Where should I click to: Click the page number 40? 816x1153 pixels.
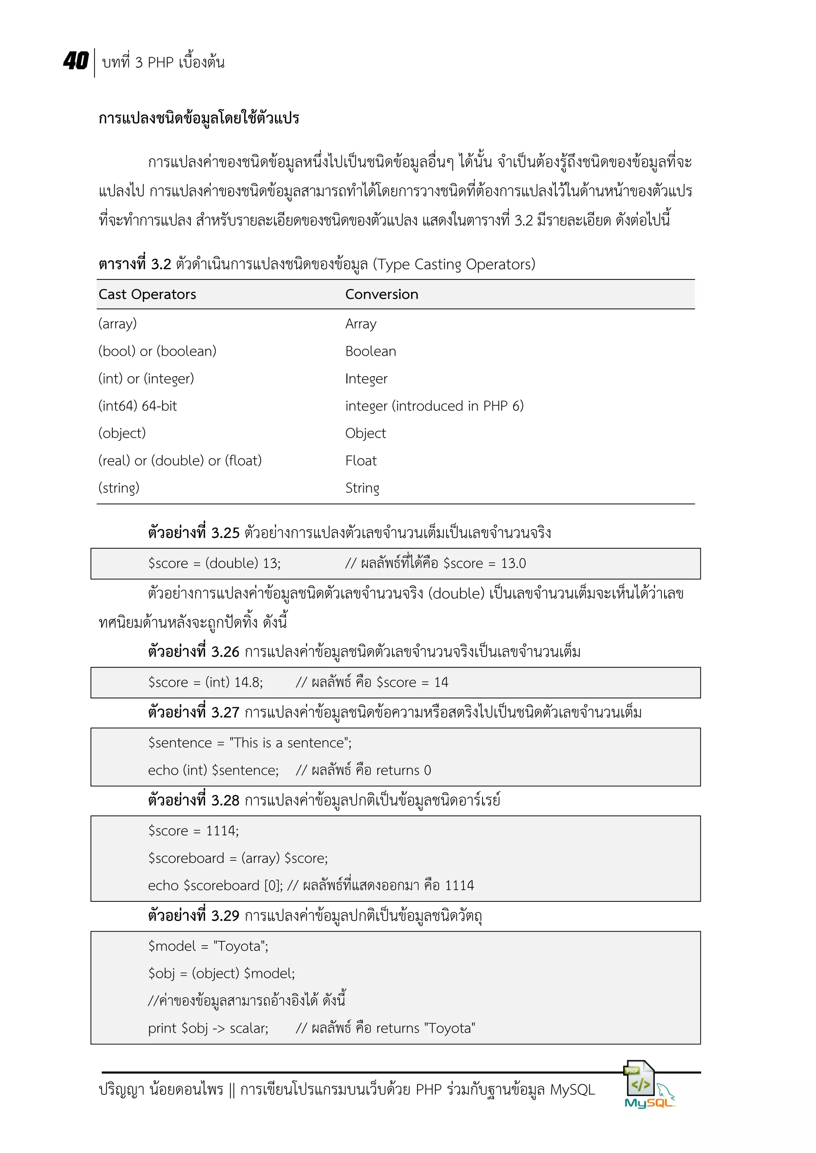(x=76, y=61)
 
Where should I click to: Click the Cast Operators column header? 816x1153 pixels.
(x=147, y=294)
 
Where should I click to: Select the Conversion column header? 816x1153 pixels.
(x=381, y=294)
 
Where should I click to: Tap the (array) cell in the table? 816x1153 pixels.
(x=118, y=324)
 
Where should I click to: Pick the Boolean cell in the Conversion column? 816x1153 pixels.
(x=370, y=352)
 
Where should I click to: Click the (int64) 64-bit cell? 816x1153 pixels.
(x=138, y=406)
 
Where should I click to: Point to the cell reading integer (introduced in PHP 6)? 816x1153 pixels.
(x=434, y=406)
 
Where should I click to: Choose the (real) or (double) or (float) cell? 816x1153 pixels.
(x=180, y=461)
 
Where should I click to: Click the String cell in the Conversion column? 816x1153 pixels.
(x=362, y=488)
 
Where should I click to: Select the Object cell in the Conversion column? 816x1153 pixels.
(x=365, y=434)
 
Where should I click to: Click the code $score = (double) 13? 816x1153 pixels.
(x=214, y=563)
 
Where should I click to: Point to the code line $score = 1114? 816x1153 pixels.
(x=194, y=831)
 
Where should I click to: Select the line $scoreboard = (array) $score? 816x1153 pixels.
(x=237, y=858)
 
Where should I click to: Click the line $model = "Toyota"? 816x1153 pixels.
(x=208, y=946)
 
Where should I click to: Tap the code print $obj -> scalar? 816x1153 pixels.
(x=208, y=1028)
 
